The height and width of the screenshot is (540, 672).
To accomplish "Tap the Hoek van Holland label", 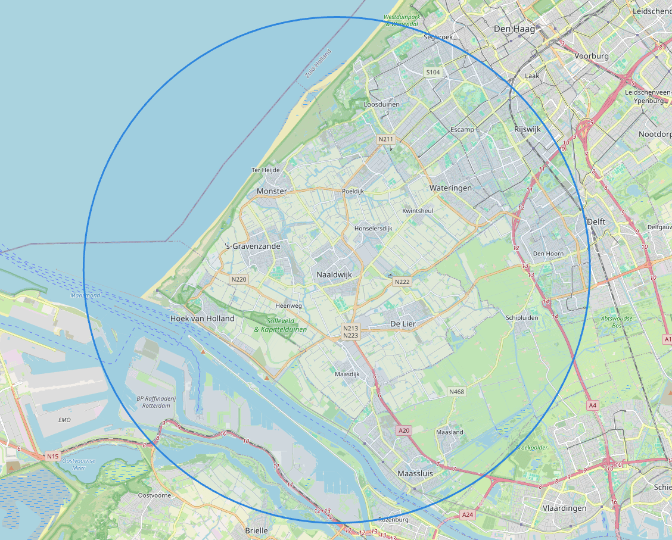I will tap(203, 319).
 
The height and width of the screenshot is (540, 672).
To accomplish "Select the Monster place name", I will tap(272, 191).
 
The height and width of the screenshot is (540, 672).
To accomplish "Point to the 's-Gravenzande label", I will tap(253, 245).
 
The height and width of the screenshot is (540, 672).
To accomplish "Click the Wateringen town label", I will tap(450, 188).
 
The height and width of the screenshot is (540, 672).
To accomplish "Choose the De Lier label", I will tap(403, 323).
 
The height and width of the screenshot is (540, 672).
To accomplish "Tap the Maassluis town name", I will tap(415, 474).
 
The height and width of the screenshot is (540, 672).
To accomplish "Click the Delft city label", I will tap(596, 221).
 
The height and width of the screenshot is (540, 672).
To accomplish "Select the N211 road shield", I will tap(386, 139).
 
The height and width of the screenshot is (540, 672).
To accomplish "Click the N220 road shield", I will tap(239, 279).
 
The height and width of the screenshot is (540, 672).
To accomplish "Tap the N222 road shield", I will tap(402, 282).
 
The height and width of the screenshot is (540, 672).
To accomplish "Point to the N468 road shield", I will tap(456, 391).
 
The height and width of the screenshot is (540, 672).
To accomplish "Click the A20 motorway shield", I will tap(405, 430).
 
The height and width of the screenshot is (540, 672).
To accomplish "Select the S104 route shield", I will tap(433, 72).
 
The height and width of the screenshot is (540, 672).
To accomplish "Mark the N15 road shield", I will tap(53, 456).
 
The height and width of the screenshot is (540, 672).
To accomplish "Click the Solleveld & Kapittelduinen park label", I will tap(281, 324).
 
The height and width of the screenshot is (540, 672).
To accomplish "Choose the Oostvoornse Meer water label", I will tap(74, 464).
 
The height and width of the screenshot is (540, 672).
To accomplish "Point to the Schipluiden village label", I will tap(522, 318).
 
